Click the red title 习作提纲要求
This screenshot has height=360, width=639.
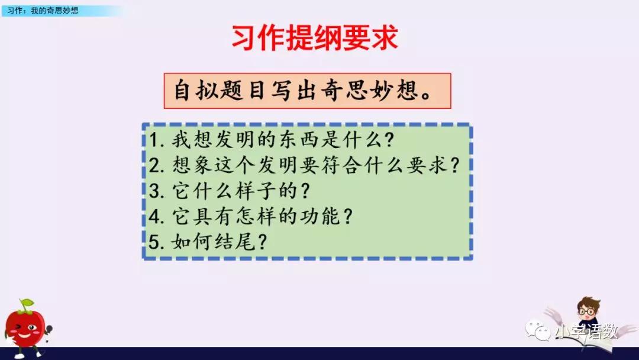coord(314,38)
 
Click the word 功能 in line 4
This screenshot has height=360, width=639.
coord(320,217)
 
